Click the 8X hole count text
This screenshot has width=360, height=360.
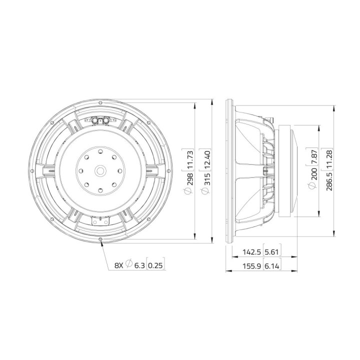[118, 265]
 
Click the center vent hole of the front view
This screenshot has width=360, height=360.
[101, 170]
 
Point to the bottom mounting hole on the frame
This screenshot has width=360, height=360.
[101, 240]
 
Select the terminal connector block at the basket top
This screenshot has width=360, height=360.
[101, 120]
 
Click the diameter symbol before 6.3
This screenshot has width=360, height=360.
[128, 265]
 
